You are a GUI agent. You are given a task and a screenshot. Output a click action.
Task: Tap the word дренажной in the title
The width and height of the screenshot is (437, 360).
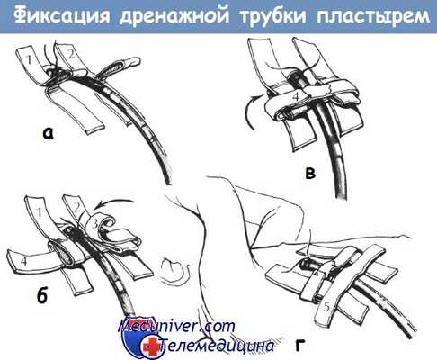174,16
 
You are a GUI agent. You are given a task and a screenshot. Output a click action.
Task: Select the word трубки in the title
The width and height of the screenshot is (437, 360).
273,16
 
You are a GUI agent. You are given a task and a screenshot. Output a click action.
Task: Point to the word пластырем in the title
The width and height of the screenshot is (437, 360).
374,16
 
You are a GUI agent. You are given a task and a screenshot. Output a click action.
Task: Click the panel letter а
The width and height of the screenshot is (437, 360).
48,134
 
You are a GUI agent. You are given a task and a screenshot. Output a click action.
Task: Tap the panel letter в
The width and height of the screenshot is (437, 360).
310,174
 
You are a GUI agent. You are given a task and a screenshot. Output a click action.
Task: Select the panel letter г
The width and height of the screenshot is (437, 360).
300,346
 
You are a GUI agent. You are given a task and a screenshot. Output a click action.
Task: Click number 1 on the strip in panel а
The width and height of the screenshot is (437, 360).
29,59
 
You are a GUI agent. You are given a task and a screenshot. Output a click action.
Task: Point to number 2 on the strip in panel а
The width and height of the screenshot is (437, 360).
70,54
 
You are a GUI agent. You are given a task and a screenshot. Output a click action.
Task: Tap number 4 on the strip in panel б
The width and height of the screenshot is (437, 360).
24,261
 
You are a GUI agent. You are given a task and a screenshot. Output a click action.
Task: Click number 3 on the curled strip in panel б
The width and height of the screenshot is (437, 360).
94,224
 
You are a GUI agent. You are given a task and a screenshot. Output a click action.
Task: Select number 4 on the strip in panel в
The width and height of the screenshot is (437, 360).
296,96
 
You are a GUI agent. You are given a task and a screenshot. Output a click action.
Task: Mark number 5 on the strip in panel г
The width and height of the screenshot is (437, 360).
326,307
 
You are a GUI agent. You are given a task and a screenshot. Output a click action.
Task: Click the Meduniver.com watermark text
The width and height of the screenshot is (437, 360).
177,326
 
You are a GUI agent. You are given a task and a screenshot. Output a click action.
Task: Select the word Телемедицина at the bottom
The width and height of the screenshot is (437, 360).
217,346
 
